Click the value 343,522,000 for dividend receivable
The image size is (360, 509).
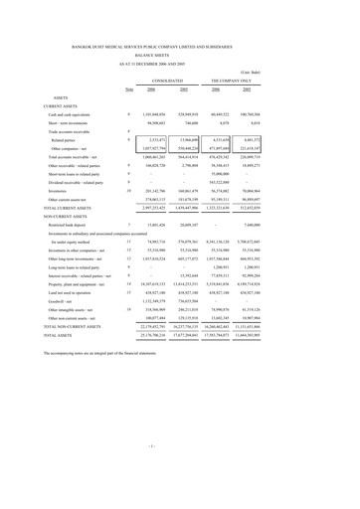277,191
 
